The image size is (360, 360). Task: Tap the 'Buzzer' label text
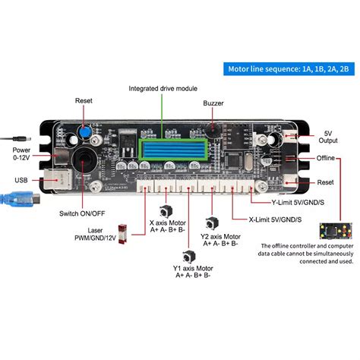tap(213, 103)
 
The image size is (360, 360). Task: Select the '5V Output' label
tap(328, 136)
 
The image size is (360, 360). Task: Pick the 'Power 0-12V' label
tap(21, 153)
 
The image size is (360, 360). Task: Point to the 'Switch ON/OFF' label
tap(81, 213)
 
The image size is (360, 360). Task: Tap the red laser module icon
tap(119, 232)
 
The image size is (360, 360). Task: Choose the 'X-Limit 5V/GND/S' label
tap(276, 219)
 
